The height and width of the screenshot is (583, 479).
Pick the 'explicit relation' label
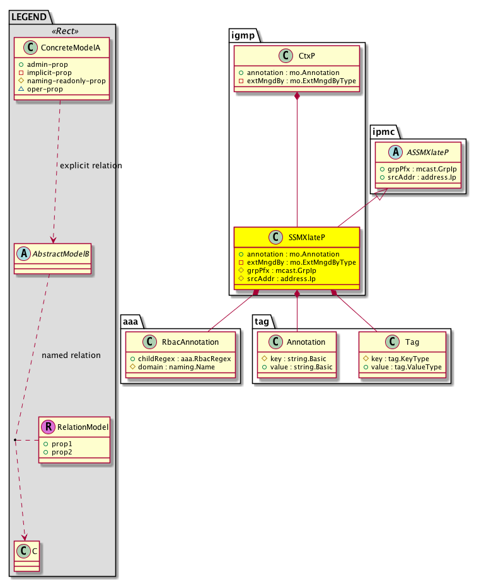(x=90, y=166)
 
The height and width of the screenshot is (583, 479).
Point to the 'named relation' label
(x=71, y=355)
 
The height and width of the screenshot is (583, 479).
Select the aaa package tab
(x=132, y=321)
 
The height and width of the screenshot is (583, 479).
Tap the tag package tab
(x=263, y=321)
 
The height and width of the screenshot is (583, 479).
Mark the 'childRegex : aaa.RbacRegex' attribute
(x=178, y=359)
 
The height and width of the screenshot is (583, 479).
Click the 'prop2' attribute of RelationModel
(x=62, y=453)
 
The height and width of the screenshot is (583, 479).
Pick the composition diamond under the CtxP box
(x=297, y=96)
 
